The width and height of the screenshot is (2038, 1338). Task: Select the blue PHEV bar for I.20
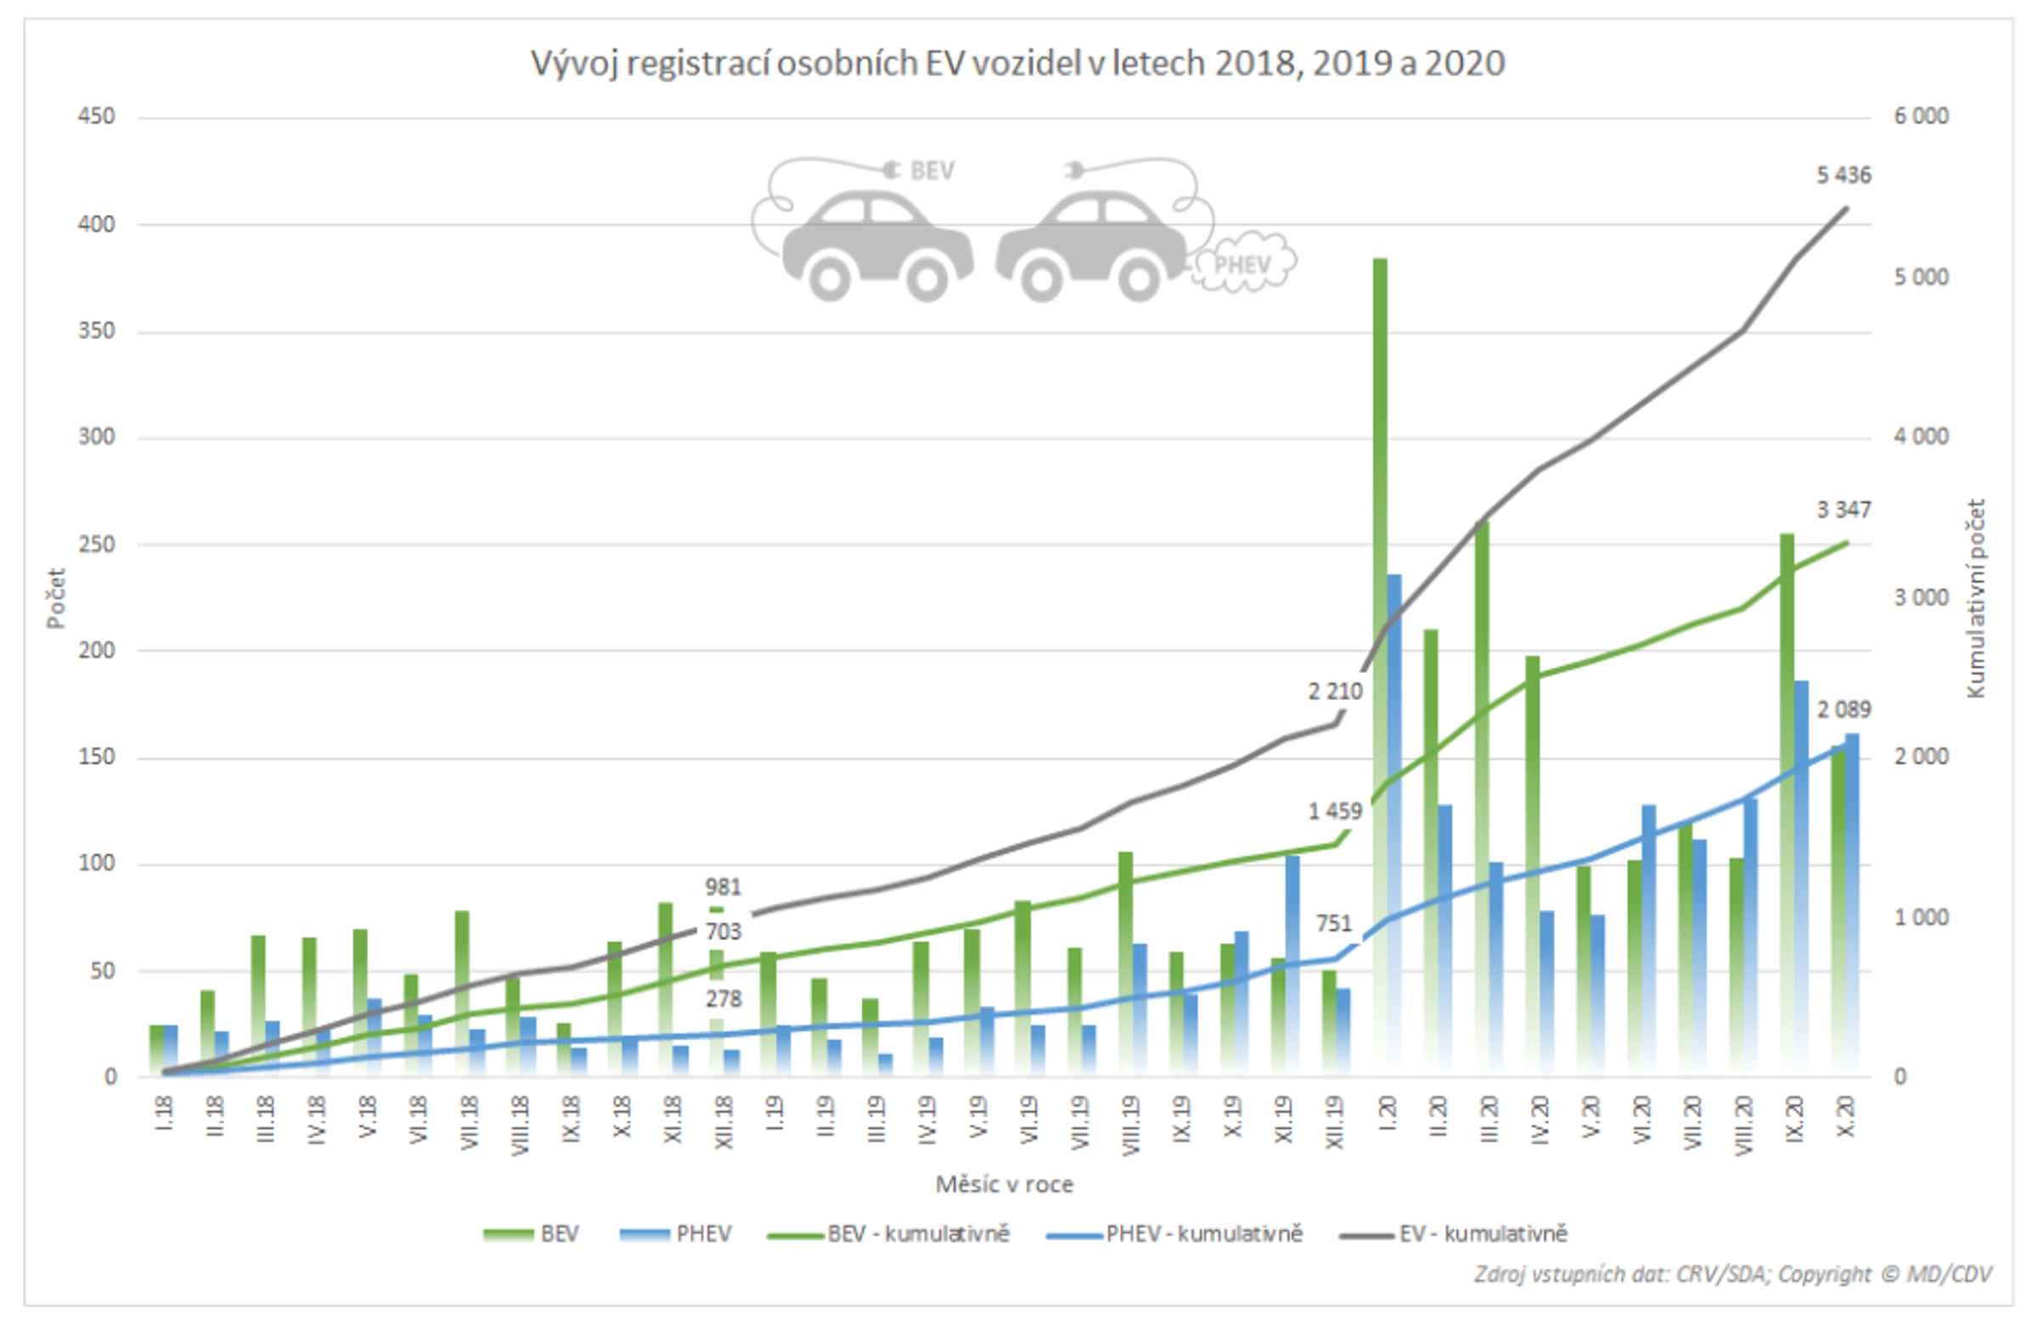pyautogui.click(x=1394, y=822)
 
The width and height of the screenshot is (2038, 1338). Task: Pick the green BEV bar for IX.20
pyautogui.click(x=1787, y=805)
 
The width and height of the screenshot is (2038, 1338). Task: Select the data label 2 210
pyautogui.click(x=1334, y=692)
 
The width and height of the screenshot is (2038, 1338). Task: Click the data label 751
pyautogui.click(x=1333, y=923)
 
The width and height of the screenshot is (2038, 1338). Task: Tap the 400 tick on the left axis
pyautogui.click(x=96, y=224)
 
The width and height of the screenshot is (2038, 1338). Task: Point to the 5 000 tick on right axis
pyautogui.click(x=1920, y=278)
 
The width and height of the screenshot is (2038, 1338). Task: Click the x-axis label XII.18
pyautogui.click(x=723, y=1122)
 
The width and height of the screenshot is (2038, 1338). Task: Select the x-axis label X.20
pyautogui.click(x=1846, y=1117)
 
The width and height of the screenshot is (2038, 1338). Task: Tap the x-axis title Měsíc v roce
pyautogui.click(x=1004, y=1185)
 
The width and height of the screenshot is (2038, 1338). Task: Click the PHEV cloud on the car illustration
pyautogui.click(x=1242, y=264)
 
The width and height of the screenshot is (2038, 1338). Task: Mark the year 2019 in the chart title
pyautogui.click(x=1350, y=65)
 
